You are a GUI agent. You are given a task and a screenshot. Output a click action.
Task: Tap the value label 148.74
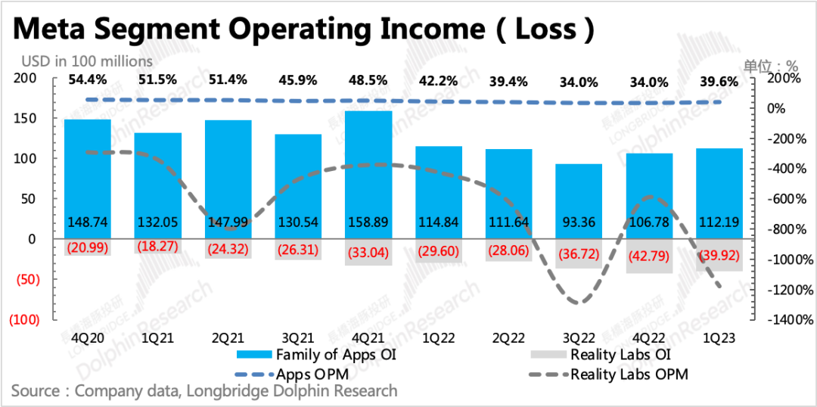point(88,222)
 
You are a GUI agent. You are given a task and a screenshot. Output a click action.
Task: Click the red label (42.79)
point(649,256)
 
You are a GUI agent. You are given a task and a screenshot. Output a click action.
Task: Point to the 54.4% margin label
point(87,80)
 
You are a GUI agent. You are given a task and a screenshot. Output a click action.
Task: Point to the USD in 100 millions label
point(86,61)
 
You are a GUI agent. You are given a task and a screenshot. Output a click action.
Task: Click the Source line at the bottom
point(204,391)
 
